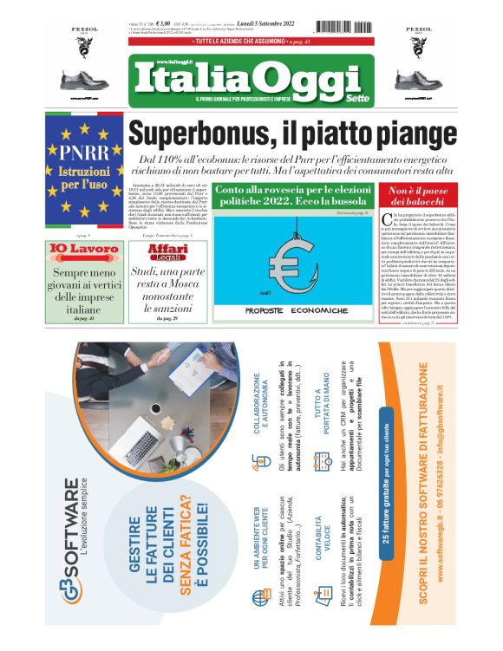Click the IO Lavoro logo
[82, 250]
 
